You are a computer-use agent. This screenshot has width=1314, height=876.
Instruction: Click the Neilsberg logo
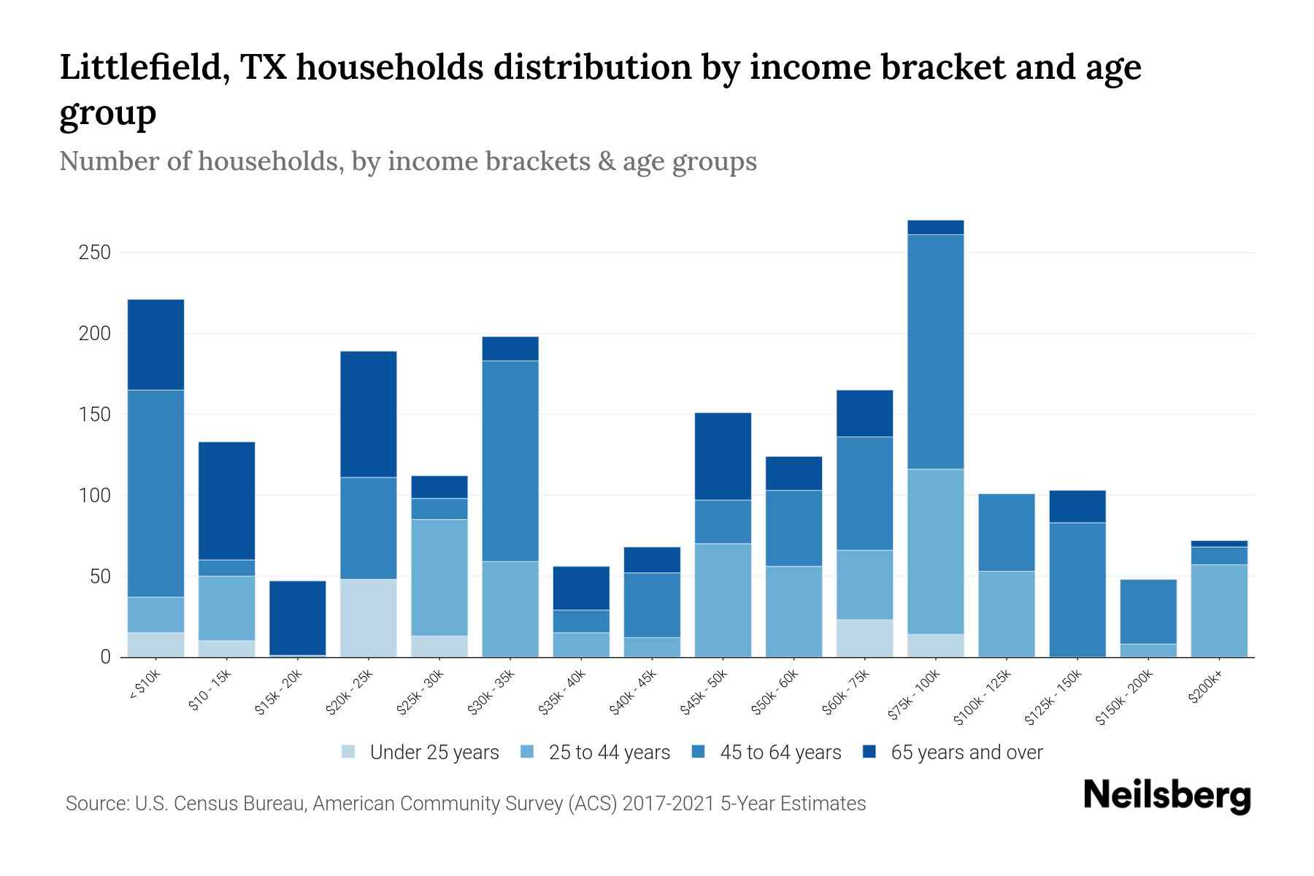1167,796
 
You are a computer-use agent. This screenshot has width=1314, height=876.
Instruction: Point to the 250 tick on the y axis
95,253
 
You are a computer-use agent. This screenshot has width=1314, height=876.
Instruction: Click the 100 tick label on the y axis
95,496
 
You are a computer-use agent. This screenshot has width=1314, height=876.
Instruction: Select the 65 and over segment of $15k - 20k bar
297,618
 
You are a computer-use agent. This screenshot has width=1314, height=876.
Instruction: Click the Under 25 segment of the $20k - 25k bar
369,618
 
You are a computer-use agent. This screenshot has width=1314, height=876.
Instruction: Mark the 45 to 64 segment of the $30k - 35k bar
510,461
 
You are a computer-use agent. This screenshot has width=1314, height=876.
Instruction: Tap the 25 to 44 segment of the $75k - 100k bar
935,551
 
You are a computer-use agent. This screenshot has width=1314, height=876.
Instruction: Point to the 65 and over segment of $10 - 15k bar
226,501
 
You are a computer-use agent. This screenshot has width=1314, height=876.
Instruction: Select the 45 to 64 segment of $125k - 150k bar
1077,589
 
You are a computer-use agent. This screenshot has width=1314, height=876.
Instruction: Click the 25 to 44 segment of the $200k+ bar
1218,610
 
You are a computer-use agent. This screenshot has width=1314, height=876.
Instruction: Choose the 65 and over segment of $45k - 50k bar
723,456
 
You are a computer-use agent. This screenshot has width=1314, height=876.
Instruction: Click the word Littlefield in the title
143,68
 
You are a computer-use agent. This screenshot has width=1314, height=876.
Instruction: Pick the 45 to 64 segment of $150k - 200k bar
1148,612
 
